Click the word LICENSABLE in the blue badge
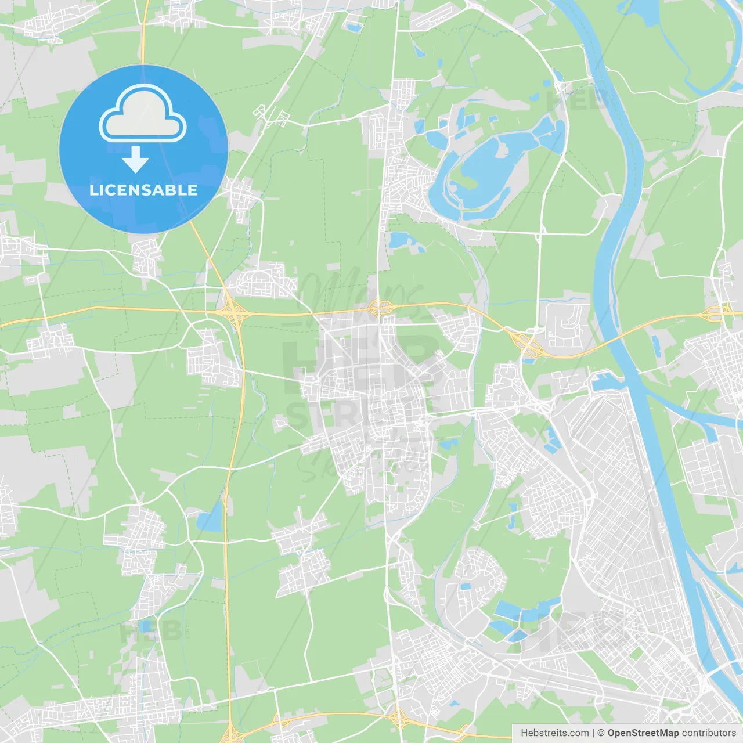(x=143, y=190)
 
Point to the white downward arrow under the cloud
(x=136, y=159)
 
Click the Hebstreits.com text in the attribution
(x=554, y=733)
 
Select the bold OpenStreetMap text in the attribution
(x=643, y=733)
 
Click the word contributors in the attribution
(x=709, y=733)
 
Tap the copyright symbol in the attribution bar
(x=601, y=733)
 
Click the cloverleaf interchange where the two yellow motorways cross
(x=234, y=312)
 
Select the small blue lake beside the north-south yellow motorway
(x=210, y=518)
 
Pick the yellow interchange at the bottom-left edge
(x=231, y=733)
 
